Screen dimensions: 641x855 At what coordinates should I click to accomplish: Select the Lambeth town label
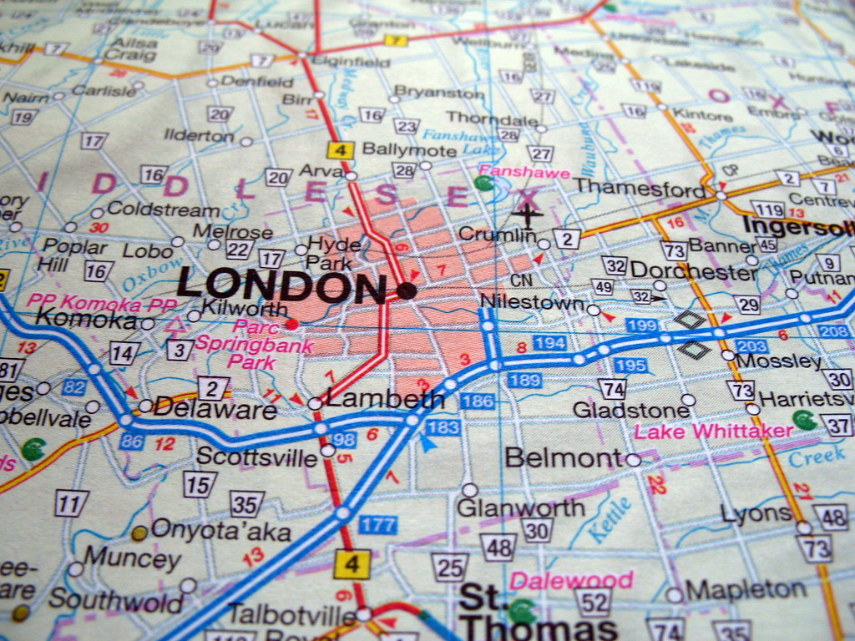tap(384, 400)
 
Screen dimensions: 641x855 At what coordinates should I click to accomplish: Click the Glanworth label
tap(521, 507)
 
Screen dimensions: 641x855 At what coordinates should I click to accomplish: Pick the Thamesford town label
tap(640, 188)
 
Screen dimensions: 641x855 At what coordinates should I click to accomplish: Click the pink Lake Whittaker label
tap(713, 431)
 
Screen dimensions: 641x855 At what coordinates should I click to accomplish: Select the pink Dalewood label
tap(572, 579)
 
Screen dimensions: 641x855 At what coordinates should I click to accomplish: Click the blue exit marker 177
tap(377, 525)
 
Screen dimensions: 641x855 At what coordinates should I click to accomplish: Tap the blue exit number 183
tap(443, 427)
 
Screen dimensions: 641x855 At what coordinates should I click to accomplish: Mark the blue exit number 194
tap(549, 343)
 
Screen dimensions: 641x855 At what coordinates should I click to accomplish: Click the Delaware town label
tap(215, 409)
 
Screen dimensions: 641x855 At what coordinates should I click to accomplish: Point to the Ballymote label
tap(409, 150)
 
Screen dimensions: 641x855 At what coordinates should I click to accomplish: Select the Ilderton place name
tap(199, 135)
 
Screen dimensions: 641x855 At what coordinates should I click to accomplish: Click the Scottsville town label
tap(256, 457)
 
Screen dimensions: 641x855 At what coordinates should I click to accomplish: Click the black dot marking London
tap(407, 290)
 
